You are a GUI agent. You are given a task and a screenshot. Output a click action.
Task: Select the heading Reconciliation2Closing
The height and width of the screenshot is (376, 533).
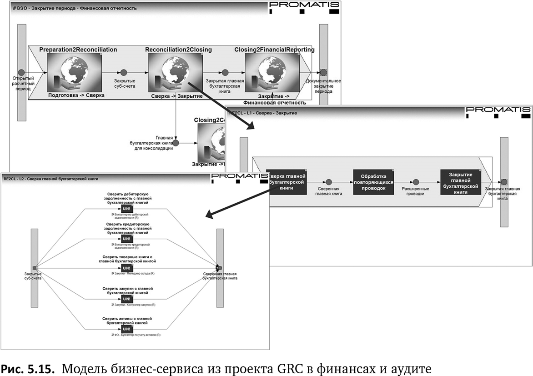click(178, 50)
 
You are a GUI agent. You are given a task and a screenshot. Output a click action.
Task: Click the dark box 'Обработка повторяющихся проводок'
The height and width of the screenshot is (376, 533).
click(373, 182)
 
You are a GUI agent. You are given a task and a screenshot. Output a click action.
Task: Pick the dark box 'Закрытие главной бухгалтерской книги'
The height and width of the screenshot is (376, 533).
click(460, 182)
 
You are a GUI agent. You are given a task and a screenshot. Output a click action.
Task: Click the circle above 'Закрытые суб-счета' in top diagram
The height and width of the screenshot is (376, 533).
click(124, 72)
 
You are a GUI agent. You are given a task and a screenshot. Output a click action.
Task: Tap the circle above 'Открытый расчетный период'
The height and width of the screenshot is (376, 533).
click(21, 72)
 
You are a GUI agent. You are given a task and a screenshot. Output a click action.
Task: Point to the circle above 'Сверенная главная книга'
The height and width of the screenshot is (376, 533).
click(329, 182)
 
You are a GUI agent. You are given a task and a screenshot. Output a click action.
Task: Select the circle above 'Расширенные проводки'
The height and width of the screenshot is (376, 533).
click(416, 182)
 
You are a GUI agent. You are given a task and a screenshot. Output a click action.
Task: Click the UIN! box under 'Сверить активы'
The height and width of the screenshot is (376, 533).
click(126, 329)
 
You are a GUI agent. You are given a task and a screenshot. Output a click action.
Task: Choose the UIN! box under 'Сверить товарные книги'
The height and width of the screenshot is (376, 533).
click(126, 268)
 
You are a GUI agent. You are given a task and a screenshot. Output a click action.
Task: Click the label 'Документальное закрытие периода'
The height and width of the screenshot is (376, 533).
click(323, 86)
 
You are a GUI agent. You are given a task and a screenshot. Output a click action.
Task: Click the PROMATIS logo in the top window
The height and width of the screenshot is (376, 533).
click(304, 6)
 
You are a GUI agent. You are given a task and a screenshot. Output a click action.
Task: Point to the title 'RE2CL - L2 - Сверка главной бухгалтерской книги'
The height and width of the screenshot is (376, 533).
click(51, 179)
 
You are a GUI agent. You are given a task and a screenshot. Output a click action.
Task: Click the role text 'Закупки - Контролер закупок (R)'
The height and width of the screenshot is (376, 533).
click(136, 305)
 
